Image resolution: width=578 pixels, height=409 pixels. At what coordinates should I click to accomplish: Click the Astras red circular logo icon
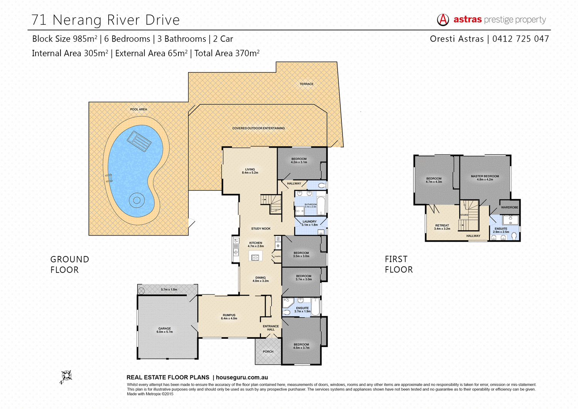pyautogui.click(x=443, y=20)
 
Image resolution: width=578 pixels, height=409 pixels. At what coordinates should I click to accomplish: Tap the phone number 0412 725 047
pyautogui.click(x=521, y=39)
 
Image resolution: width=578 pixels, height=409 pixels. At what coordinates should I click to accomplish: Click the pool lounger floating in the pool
pyautogui.click(x=139, y=141)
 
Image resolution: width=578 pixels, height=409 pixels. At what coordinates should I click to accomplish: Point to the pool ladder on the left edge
pyautogui.click(x=109, y=178)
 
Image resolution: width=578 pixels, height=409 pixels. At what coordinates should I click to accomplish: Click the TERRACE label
pyautogui.click(x=306, y=84)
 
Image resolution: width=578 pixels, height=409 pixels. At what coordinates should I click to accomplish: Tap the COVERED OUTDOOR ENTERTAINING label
pyautogui.click(x=258, y=128)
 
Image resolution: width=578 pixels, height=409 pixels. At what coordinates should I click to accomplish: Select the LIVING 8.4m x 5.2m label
pyautogui.click(x=250, y=171)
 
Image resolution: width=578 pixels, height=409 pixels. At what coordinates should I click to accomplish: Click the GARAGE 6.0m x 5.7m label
pyautogui.click(x=165, y=330)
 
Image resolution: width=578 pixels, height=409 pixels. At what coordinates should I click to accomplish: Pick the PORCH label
pyautogui.click(x=268, y=352)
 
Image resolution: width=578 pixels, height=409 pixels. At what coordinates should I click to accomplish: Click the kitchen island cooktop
pyautogui.click(x=255, y=257)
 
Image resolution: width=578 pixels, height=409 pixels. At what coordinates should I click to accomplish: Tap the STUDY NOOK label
pyautogui.click(x=261, y=229)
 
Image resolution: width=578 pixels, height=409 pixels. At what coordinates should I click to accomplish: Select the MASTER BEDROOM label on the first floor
pyautogui.click(x=485, y=178)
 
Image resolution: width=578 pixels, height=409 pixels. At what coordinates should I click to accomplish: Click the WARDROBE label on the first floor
pyautogui.click(x=509, y=207)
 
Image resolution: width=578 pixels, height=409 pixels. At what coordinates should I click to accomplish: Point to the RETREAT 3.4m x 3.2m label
pyautogui.click(x=442, y=227)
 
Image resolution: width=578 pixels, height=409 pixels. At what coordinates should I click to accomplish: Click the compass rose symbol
pyautogui.click(x=66, y=376)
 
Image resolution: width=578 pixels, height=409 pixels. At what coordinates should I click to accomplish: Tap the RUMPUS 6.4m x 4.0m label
pyautogui.click(x=229, y=316)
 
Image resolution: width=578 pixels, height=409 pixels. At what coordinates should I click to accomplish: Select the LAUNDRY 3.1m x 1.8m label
pyautogui.click(x=309, y=223)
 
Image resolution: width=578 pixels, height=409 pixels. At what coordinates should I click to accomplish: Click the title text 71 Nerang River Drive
pyautogui.click(x=106, y=20)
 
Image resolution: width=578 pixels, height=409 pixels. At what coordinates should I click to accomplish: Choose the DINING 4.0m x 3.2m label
pyautogui.click(x=260, y=279)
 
